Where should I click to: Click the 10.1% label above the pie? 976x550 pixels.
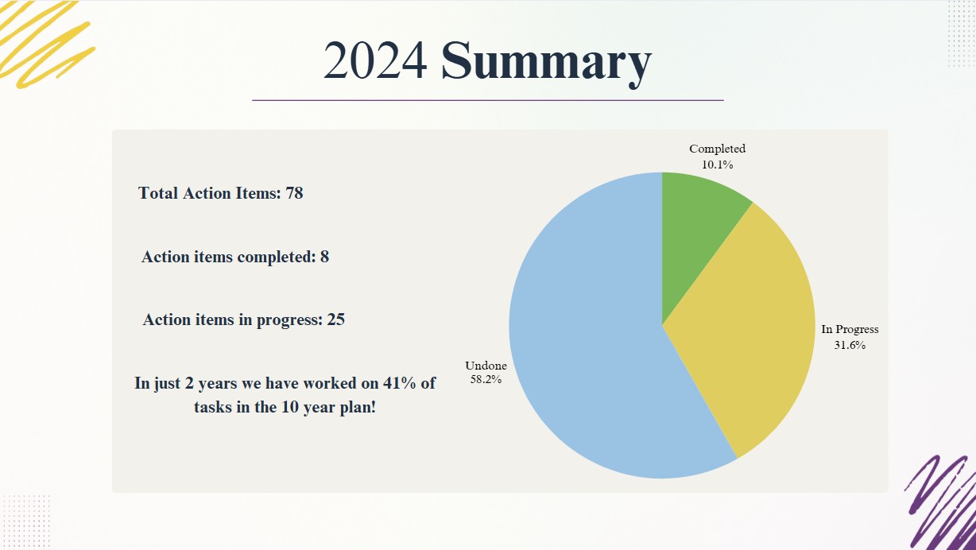[x=717, y=165]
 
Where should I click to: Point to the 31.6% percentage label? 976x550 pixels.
[x=850, y=345]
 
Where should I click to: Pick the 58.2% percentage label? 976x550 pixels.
[x=486, y=380]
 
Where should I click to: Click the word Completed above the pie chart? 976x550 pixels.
[x=717, y=149]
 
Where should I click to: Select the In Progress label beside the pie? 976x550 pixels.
[x=850, y=330]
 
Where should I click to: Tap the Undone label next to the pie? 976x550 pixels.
[x=486, y=366]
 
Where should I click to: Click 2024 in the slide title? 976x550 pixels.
[x=374, y=60]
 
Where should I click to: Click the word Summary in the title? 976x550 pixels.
[x=546, y=64]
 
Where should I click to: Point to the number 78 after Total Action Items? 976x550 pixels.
[x=294, y=193]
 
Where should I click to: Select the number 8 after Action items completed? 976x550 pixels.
[x=324, y=257]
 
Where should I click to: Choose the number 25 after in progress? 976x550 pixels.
[x=336, y=320]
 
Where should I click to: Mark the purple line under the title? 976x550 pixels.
[x=488, y=100]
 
